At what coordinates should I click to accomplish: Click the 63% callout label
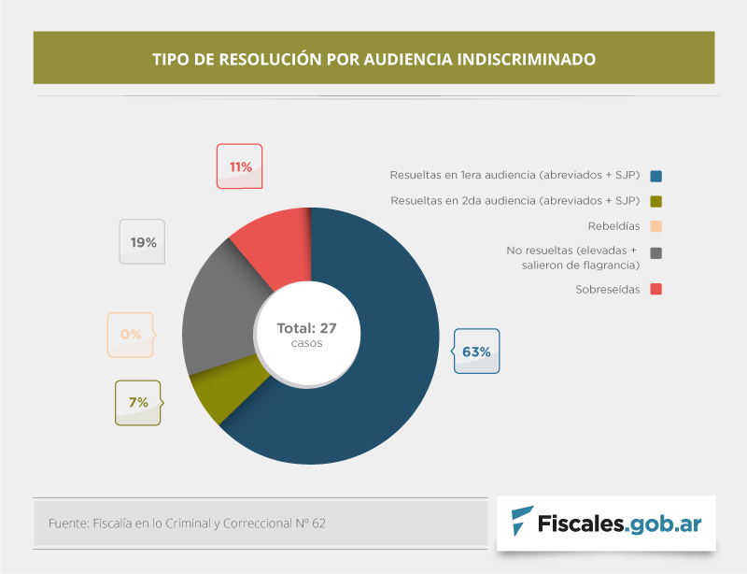pyautogui.click(x=476, y=352)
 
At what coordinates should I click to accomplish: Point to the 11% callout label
pyautogui.click(x=240, y=167)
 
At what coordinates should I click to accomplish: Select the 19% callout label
pyautogui.click(x=143, y=242)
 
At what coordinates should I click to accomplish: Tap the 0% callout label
pyautogui.click(x=131, y=334)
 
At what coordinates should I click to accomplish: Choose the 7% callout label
pyautogui.click(x=138, y=403)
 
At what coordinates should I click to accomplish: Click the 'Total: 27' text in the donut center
pyautogui.click(x=306, y=328)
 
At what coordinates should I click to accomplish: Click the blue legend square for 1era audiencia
pyautogui.click(x=656, y=175)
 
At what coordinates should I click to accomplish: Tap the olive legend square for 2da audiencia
pyautogui.click(x=656, y=200)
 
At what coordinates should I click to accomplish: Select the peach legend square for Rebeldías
pyautogui.click(x=656, y=225)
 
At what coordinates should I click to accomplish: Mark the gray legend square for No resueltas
pyautogui.click(x=656, y=252)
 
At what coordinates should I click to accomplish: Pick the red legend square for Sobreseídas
pyautogui.click(x=656, y=289)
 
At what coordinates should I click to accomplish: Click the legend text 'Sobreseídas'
pyautogui.click(x=608, y=289)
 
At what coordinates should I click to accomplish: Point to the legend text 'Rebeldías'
pyautogui.click(x=613, y=225)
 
